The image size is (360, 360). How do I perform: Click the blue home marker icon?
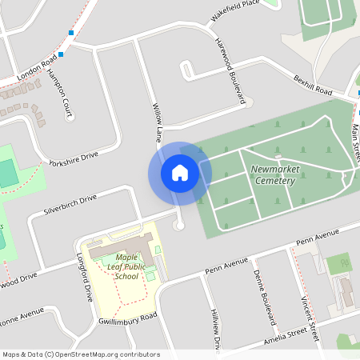pos(180,172)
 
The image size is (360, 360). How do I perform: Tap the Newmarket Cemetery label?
pos(273,175)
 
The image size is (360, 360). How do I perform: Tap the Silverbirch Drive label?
pos(70,202)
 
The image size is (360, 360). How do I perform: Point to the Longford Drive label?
pos(82,275)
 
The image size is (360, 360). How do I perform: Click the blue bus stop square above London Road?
pos(71,33)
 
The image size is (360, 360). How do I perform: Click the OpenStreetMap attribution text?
pos(80,354)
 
